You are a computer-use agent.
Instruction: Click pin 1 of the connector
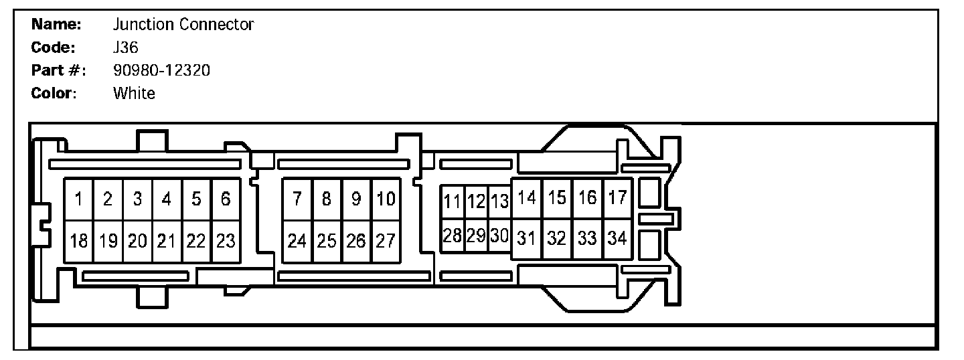[x=78, y=199]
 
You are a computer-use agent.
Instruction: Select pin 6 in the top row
[x=226, y=199]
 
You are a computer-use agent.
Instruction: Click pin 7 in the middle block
[x=297, y=199]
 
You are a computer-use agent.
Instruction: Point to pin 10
[x=386, y=199]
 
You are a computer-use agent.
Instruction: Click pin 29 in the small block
[x=476, y=236]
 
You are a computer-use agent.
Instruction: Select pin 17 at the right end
[x=617, y=198]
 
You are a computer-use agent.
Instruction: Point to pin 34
[x=617, y=238]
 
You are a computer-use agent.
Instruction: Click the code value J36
[x=126, y=48]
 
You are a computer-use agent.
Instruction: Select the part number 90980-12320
[x=162, y=70]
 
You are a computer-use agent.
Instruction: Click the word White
[x=134, y=93]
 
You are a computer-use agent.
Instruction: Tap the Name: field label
[x=57, y=25]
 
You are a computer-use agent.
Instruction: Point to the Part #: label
[x=59, y=70]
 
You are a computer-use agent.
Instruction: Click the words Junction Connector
[x=183, y=25]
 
